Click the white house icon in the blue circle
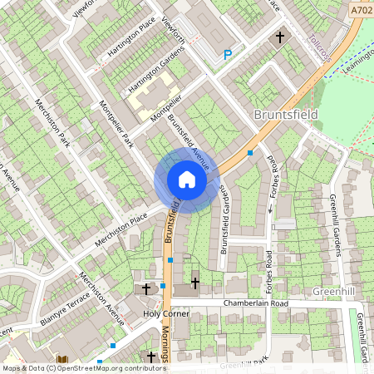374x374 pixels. coord(187,180)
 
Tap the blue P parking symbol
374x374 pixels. coord(228,55)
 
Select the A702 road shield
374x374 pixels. coord(361,10)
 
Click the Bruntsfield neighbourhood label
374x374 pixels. coord(285,114)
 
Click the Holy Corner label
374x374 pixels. coord(165,314)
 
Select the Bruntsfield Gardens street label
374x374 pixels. coord(224,219)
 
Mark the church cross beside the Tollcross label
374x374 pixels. coord(280,37)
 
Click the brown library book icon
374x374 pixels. coord(61,361)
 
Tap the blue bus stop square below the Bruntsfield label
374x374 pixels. coord(250,153)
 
